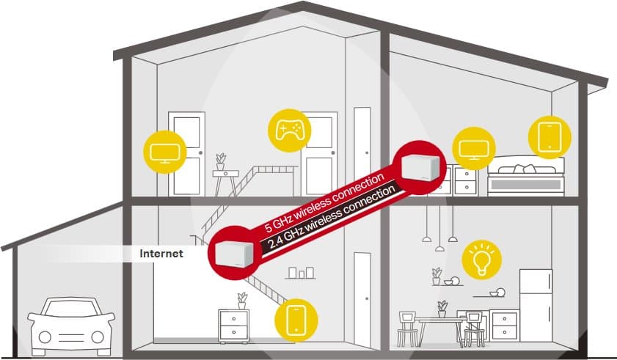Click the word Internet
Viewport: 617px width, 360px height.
(161, 254)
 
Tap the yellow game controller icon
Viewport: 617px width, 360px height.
(289, 131)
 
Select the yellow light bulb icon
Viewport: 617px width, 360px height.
(481, 260)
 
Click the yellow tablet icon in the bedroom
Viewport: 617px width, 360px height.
(550, 137)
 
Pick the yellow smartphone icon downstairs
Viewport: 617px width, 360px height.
(296, 320)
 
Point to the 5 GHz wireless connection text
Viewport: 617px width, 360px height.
(324, 202)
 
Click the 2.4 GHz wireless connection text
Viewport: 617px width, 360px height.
(332, 218)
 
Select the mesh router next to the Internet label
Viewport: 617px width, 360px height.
(234, 254)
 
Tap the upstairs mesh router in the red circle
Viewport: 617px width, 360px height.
(420, 167)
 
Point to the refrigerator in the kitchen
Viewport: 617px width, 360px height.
(536, 300)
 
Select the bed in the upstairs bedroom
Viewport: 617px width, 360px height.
(526, 176)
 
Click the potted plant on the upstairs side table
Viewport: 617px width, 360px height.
(221, 161)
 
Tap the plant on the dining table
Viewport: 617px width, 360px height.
(442, 309)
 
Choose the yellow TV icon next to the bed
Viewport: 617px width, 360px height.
(474, 148)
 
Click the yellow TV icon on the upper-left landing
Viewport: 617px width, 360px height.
(165, 153)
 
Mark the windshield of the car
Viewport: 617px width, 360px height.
(71, 309)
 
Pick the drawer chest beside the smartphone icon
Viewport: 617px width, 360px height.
(234, 326)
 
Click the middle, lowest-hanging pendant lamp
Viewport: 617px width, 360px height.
(439, 249)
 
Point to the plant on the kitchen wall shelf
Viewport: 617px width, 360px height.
(437, 276)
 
